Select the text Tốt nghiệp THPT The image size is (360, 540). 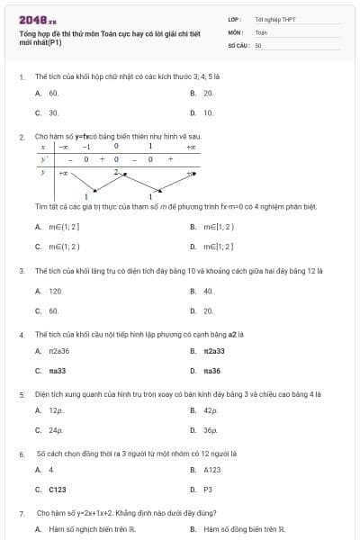pos(274,19)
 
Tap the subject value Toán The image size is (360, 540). pos(261,31)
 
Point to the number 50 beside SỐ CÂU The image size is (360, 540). pos(258,44)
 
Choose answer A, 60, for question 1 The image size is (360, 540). pos(53,93)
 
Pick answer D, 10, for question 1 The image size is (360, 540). pos(208,113)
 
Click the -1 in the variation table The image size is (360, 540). pos(86,146)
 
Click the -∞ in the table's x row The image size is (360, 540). pos(65,146)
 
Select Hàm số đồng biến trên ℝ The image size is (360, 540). pos(244,529)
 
